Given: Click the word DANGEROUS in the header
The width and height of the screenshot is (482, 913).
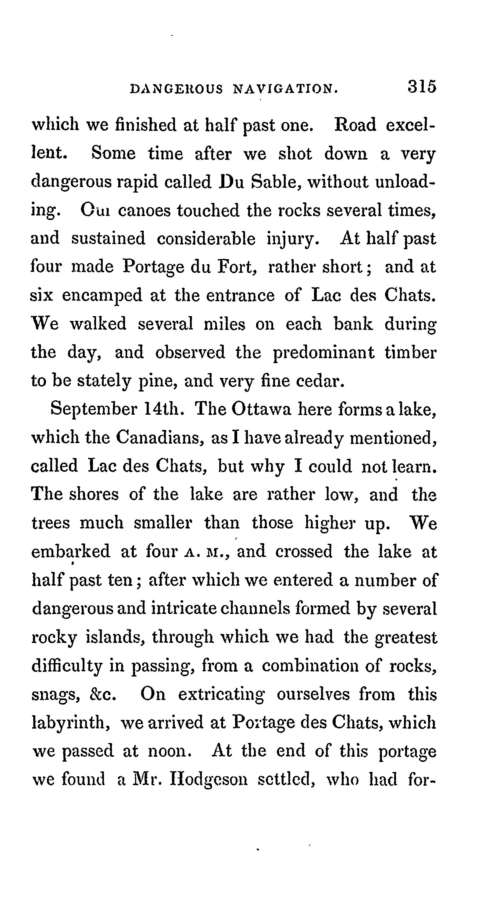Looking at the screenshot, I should tap(176, 88).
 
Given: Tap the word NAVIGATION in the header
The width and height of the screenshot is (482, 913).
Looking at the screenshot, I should tap(285, 88).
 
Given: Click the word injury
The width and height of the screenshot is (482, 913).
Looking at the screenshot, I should tap(293, 239).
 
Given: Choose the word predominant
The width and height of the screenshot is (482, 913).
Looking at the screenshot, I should tap(323, 353).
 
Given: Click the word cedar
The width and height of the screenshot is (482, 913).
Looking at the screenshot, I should tap(320, 381).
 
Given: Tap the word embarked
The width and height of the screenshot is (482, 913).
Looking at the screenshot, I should tap(71, 552).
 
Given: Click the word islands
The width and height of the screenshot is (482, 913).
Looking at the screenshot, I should tap(116, 637).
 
